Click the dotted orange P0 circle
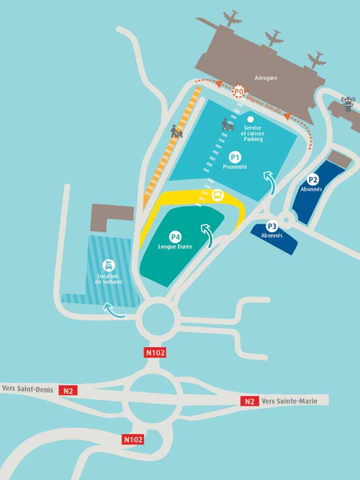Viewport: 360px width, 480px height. point(239,90)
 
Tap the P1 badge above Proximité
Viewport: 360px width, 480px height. point(235,157)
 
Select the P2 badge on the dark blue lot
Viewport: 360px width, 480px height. point(313,180)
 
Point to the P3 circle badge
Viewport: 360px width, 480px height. point(272,226)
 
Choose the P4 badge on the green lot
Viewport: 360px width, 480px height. point(176,237)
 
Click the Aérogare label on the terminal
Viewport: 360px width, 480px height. point(266,78)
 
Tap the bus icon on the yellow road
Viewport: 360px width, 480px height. point(217,196)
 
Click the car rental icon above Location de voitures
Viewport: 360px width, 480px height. point(109,266)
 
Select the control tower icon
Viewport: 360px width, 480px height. point(349,104)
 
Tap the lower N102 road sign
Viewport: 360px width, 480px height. point(133,439)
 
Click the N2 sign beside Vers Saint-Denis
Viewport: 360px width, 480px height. point(69,390)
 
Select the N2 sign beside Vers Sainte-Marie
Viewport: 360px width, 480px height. point(250,401)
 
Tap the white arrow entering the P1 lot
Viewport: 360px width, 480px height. point(271,183)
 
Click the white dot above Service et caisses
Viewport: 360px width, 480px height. point(250,119)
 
